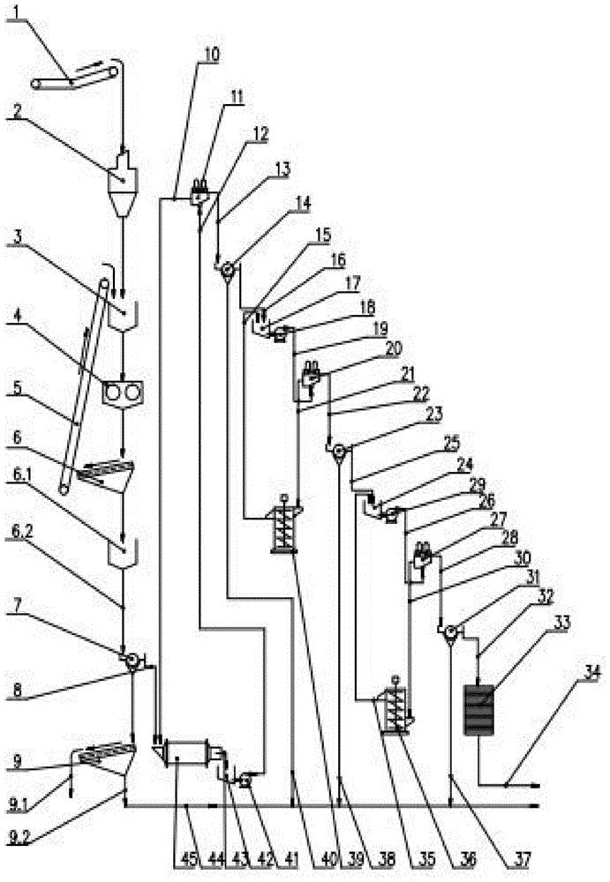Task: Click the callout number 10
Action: (207, 54)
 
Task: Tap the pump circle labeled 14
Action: (227, 269)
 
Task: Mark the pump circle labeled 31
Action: (450, 630)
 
